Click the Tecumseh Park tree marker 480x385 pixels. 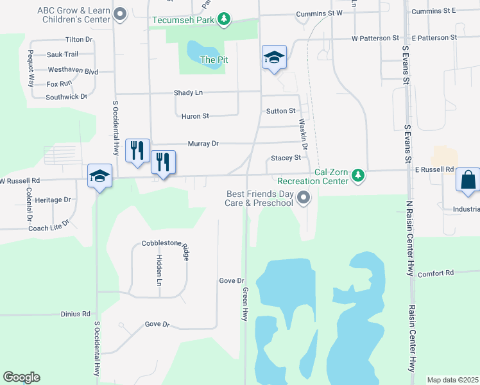click(223, 19)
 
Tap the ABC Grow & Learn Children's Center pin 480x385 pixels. click(119, 14)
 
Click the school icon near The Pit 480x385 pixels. click(274, 58)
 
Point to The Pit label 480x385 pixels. click(214, 60)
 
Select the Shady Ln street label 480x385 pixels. click(188, 92)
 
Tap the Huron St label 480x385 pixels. click(196, 116)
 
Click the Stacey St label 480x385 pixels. click(286, 158)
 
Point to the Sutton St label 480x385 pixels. click(280, 111)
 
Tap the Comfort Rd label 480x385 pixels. click(436, 273)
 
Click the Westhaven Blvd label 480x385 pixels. click(73, 71)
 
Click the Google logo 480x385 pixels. click(21, 377)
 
